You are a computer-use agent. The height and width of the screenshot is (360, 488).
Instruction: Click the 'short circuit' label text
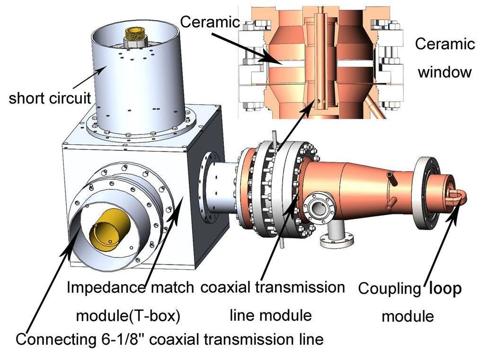[49, 98]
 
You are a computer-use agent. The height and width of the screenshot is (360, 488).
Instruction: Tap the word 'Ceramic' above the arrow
[210, 22]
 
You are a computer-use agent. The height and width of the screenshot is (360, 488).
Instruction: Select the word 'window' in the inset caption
[444, 72]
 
